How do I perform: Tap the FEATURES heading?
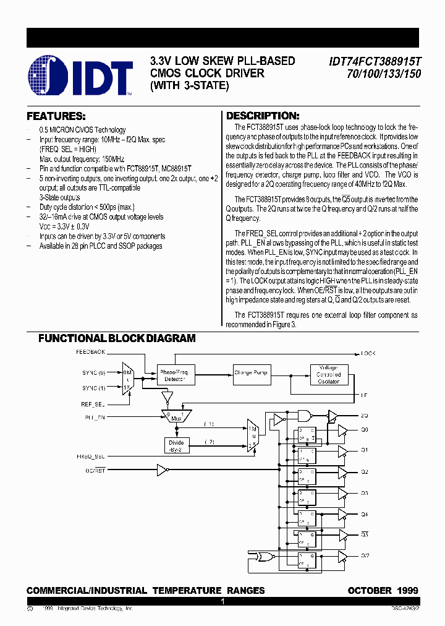click(x=56, y=116)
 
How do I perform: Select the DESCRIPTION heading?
click(x=263, y=116)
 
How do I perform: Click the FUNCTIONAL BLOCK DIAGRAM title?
click(x=117, y=338)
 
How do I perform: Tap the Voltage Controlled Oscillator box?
click(x=328, y=374)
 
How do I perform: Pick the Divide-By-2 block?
click(x=176, y=445)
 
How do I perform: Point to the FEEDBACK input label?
click(x=91, y=352)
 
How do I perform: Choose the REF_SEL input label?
click(x=93, y=404)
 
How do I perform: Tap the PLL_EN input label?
click(x=94, y=418)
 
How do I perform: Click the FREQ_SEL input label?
click(x=91, y=457)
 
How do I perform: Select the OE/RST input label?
click(x=95, y=471)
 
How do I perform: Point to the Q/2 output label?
click(x=365, y=555)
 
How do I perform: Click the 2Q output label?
click(x=364, y=416)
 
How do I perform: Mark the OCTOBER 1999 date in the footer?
click(x=383, y=591)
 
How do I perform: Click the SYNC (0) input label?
click(x=94, y=372)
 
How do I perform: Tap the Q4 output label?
click(x=364, y=515)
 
